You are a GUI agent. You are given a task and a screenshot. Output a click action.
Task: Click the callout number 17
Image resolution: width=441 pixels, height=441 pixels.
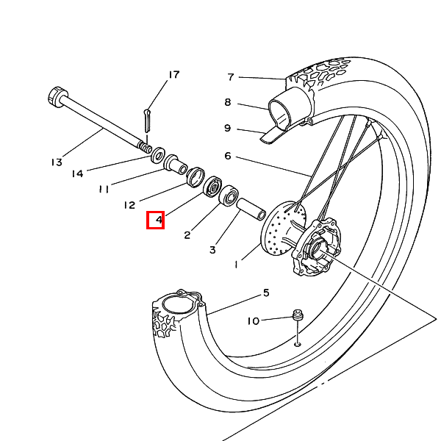[x=173, y=75]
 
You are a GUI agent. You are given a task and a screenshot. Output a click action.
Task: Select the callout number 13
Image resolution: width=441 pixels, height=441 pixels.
[x=57, y=162]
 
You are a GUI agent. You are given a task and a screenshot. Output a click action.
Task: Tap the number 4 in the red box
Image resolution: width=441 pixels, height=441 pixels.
[x=155, y=220]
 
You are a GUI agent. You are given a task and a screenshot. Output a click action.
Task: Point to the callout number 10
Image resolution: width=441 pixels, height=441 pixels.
[x=254, y=320]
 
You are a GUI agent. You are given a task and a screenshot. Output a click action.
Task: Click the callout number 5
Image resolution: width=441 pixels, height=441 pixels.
[x=266, y=293]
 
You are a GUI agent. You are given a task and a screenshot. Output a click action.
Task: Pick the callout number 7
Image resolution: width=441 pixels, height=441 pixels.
[x=230, y=76]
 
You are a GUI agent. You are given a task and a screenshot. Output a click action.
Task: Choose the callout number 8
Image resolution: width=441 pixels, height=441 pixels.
[x=228, y=102]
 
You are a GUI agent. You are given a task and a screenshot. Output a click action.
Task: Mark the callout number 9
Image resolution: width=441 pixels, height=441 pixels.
[x=228, y=128]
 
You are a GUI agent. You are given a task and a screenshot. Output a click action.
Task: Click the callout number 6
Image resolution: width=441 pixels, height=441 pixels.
[x=228, y=156]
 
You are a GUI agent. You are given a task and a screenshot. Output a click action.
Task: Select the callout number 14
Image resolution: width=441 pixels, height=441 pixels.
[x=78, y=173]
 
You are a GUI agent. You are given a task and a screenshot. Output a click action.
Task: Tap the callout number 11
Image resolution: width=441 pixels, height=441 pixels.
[x=104, y=189]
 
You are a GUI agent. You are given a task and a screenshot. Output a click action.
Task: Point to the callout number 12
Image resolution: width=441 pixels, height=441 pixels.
[x=129, y=205]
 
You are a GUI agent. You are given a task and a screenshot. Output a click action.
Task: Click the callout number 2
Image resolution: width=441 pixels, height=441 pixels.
[x=187, y=235]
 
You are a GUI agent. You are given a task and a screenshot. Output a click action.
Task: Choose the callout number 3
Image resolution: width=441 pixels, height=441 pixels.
[x=212, y=250]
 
